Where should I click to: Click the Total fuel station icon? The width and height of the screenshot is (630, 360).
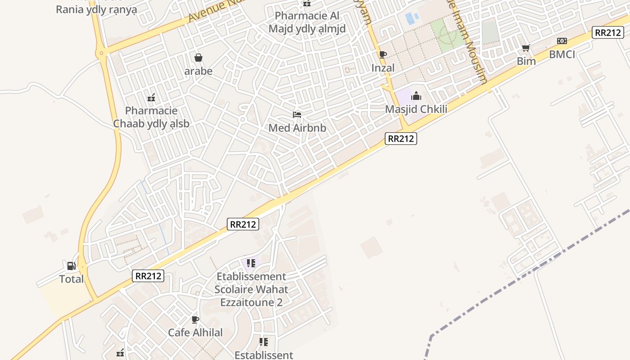click(x=71, y=266)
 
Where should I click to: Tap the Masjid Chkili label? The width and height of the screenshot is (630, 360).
click(x=416, y=109)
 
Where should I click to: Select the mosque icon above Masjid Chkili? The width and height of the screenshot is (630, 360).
click(x=416, y=96)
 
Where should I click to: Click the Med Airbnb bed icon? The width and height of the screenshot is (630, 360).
click(x=297, y=115)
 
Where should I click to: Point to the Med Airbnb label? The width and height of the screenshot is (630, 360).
click(x=297, y=128)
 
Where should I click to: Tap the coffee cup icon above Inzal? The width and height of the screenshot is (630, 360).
click(x=383, y=55)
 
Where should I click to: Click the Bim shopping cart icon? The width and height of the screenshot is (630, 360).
click(x=526, y=48)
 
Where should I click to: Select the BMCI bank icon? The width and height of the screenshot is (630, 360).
click(x=562, y=41)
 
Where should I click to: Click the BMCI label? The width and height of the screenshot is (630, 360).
click(x=562, y=54)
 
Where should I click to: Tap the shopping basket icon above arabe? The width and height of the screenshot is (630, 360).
click(x=198, y=58)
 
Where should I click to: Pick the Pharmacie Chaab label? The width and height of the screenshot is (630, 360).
click(x=151, y=117)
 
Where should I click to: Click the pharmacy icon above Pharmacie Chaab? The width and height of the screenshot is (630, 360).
click(x=151, y=97)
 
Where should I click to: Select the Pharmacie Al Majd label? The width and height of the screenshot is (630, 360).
click(x=307, y=22)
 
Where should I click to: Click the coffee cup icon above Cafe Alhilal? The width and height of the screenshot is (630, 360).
click(x=195, y=319)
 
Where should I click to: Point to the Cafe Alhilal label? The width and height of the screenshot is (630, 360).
click(x=195, y=333)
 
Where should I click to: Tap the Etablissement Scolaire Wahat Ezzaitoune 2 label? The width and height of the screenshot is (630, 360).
click(x=251, y=289)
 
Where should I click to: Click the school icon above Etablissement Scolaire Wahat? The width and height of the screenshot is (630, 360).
click(x=251, y=263)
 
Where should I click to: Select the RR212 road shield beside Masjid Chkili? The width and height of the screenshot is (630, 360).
click(x=401, y=139)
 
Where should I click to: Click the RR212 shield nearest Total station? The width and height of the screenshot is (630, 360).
click(x=148, y=276)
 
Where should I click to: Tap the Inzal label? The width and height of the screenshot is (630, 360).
click(x=383, y=68)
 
